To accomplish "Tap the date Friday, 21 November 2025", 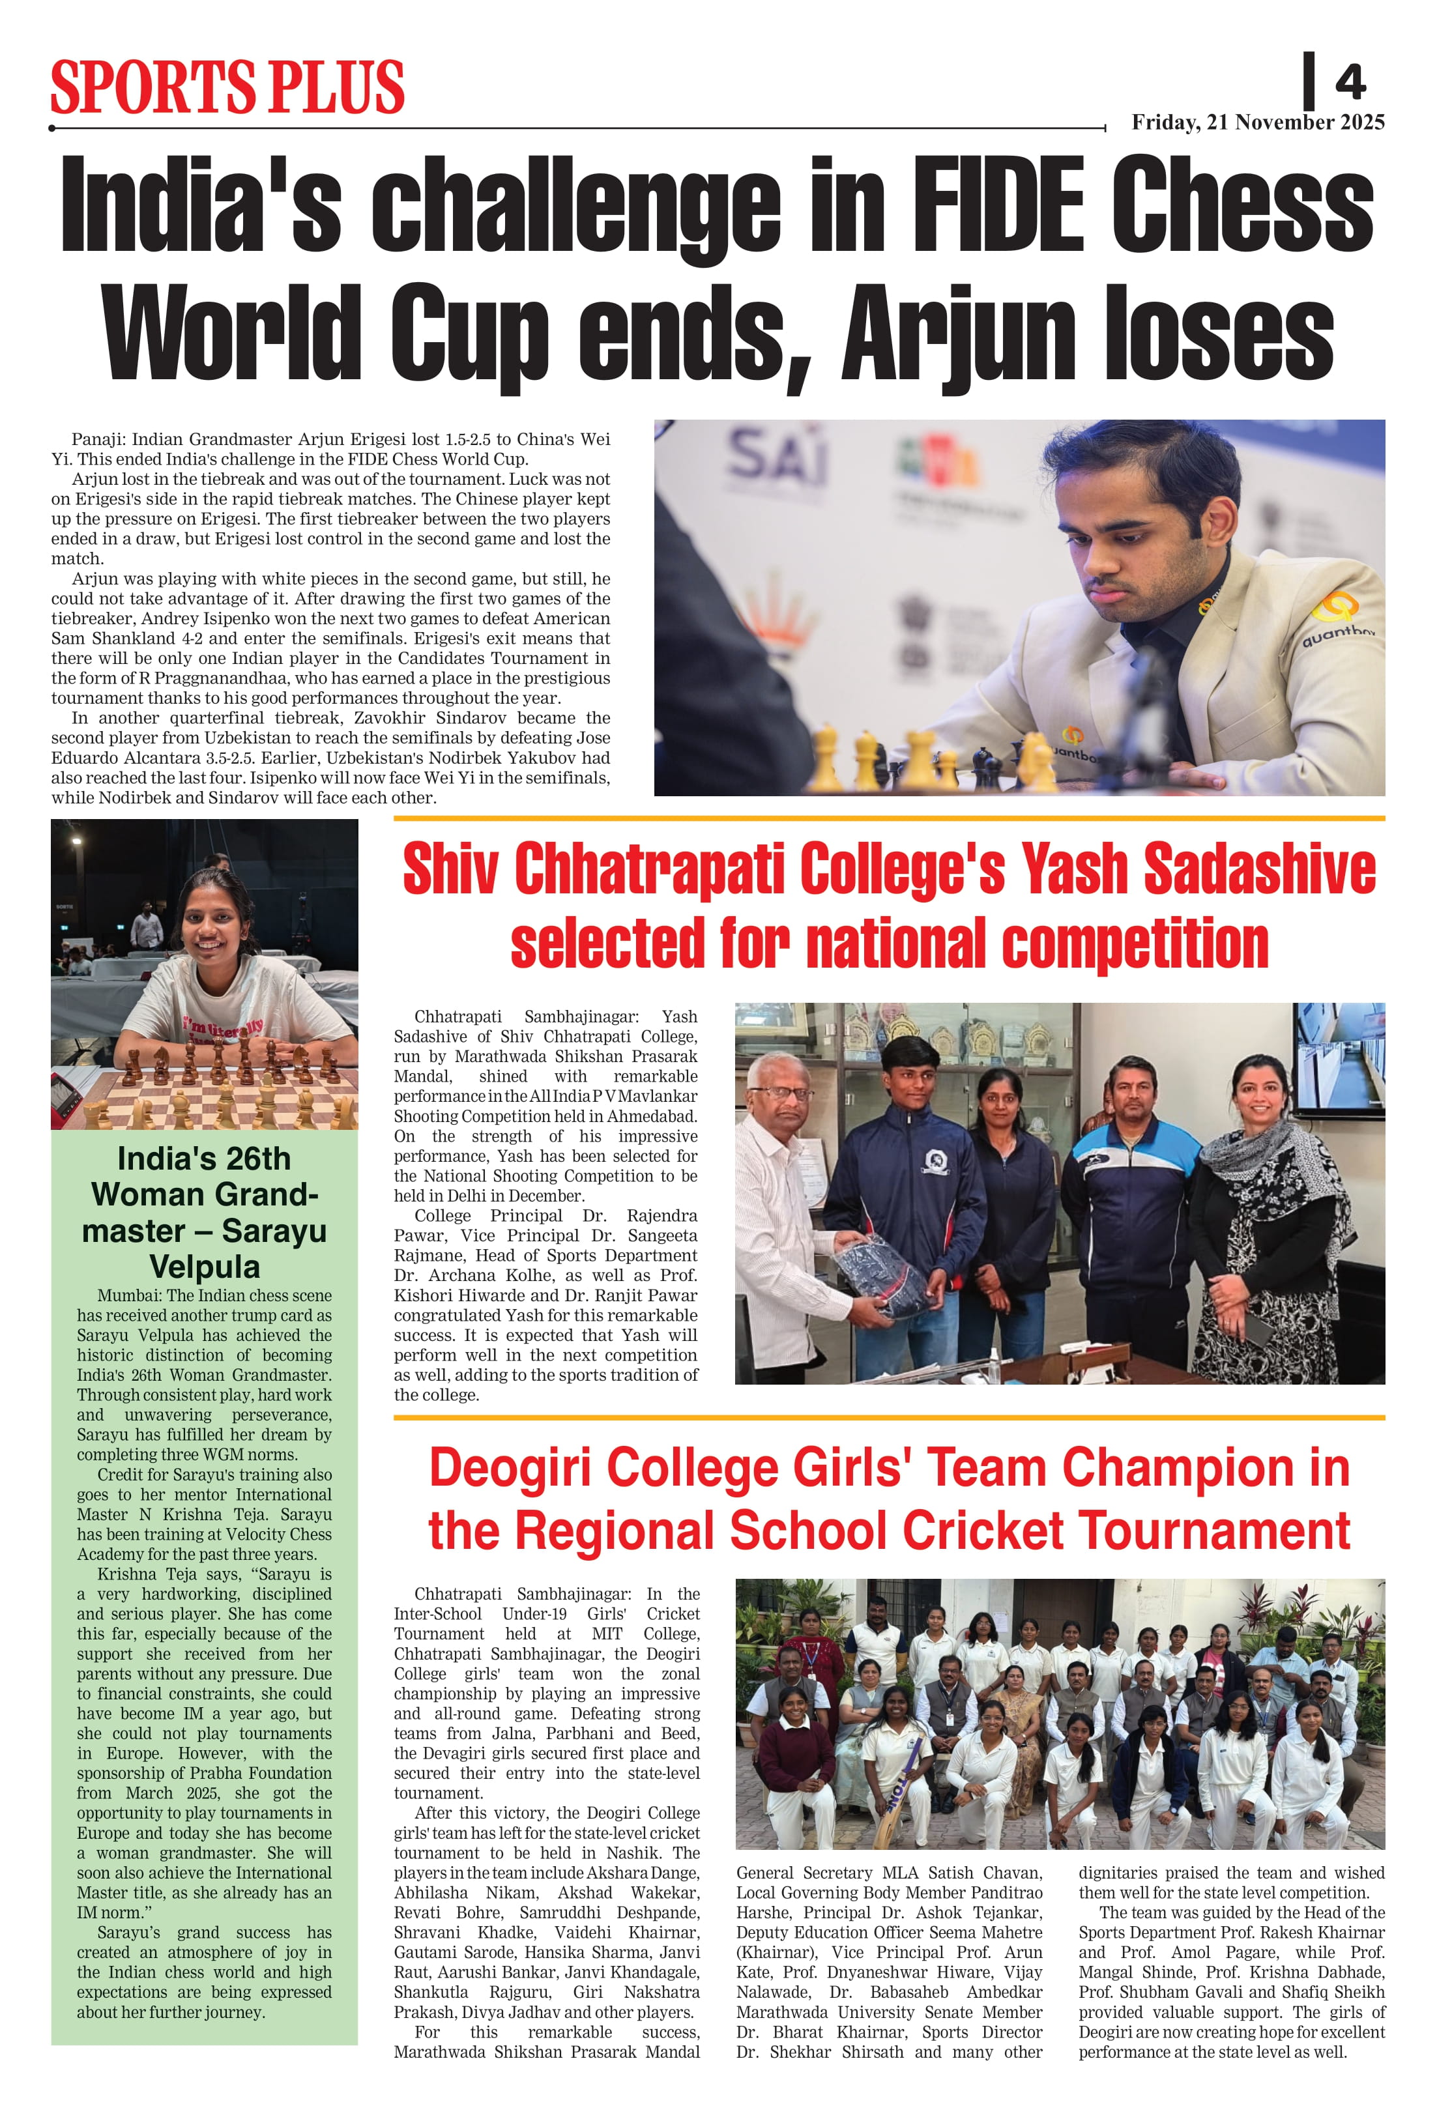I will [x=1258, y=122].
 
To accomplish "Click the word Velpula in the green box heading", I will [x=205, y=1267].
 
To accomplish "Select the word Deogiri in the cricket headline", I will [x=512, y=1467].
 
